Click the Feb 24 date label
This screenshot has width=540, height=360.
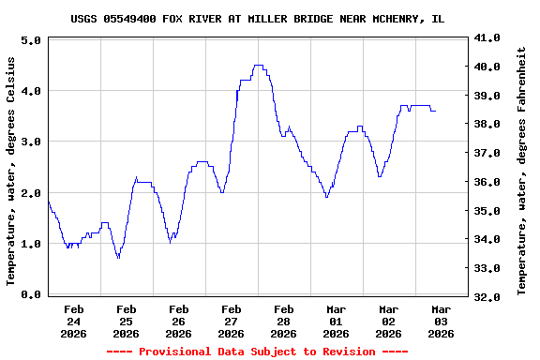73,321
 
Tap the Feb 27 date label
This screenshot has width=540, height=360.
231,321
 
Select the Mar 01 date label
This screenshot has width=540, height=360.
336,321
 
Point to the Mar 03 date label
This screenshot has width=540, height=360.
441,321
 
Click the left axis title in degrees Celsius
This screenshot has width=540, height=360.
11,171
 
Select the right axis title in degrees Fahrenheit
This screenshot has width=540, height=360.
521,167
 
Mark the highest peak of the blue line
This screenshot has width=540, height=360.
259,66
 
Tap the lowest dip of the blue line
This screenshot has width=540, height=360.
118,258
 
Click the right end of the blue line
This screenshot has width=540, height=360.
435,112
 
